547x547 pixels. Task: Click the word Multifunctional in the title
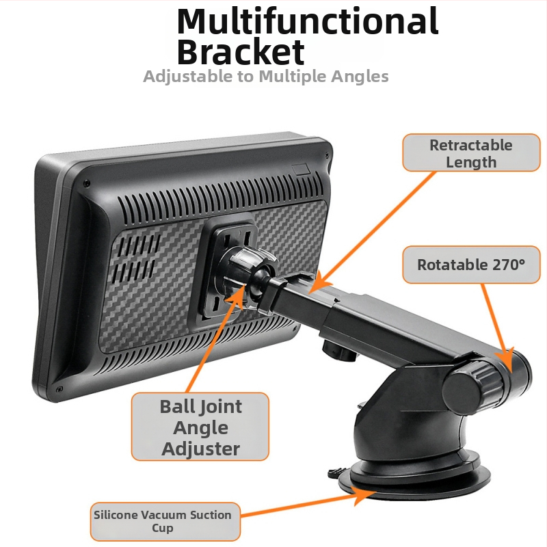[307, 21]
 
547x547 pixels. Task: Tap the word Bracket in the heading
[241, 52]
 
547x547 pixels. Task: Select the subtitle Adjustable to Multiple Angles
[266, 77]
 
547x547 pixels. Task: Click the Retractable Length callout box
[471, 152]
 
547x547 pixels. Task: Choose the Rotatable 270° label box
[471, 265]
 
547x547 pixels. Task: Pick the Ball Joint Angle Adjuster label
[200, 427]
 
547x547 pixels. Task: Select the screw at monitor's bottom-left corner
[59, 388]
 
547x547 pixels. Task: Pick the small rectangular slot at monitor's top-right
[301, 169]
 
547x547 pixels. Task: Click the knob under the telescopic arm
[339, 351]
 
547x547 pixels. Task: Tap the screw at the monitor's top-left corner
[87, 183]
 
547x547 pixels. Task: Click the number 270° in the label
[509, 265]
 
